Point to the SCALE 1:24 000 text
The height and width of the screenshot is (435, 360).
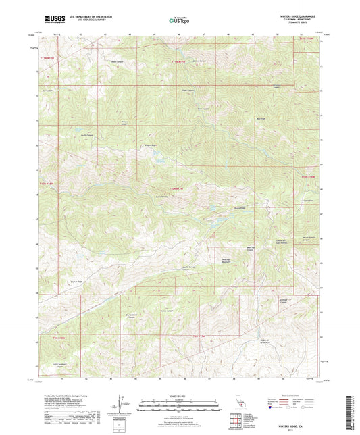pos(179,396)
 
